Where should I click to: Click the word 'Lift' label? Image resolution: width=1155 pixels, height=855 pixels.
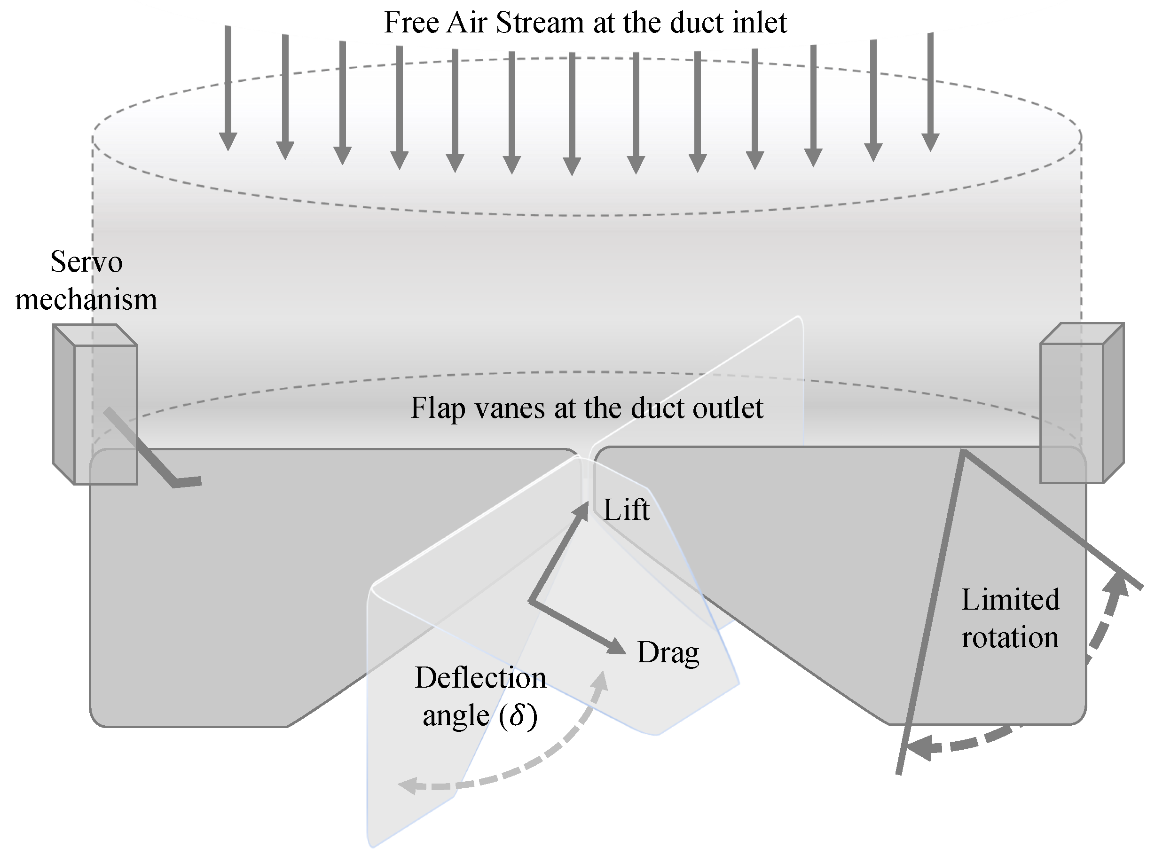click(x=626, y=510)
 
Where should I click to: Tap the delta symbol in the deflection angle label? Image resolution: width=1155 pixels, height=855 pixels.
click(x=518, y=716)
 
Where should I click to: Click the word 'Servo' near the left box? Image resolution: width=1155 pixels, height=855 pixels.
click(x=86, y=262)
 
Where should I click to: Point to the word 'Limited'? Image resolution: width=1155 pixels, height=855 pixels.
click(x=1011, y=600)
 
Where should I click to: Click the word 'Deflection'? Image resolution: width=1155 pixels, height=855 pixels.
click(x=480, y=678)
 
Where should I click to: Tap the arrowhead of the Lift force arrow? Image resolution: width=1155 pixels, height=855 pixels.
click(x=581, y=510)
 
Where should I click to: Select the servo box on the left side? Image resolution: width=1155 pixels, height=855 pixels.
click(x=96, y=405)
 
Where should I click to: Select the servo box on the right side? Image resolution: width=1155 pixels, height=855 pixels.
click(x=1082, y=404)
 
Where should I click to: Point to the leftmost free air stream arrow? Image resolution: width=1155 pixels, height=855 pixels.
click(x=228, y=88)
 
